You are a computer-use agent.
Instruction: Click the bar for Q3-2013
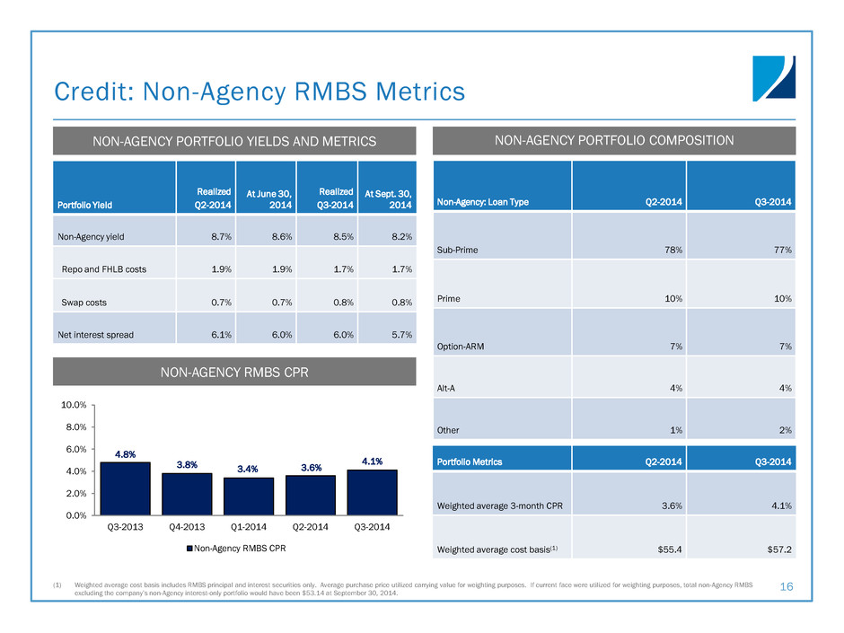point(125,488)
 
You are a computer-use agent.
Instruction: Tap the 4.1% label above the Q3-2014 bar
point(372,462)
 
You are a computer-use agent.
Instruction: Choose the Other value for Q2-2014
point(675,430)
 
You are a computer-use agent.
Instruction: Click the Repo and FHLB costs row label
point(104,268)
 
